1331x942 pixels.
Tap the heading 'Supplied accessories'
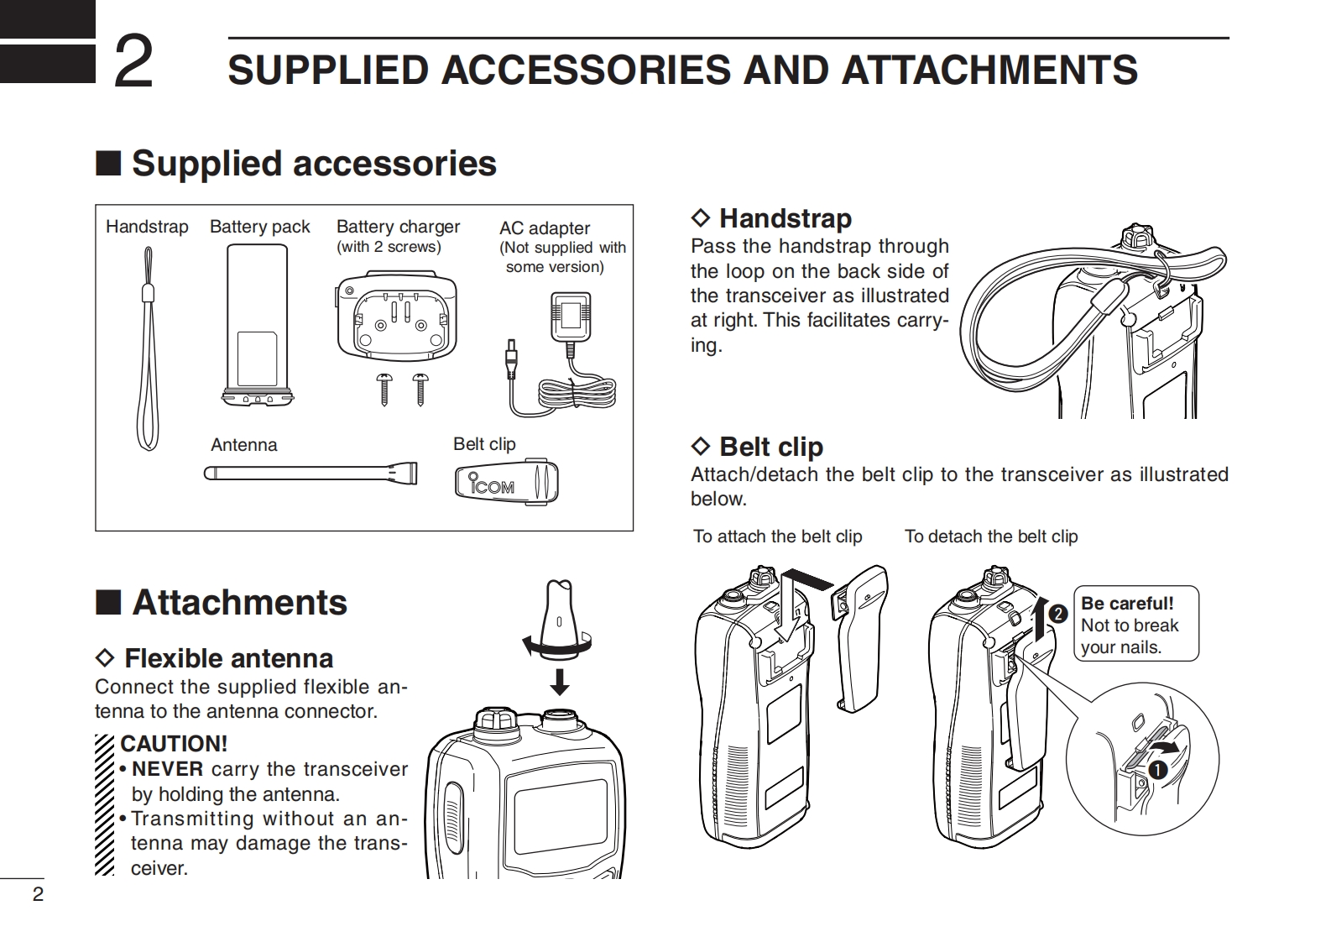313,163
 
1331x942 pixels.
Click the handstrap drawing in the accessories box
148,353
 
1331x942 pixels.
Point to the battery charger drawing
397,316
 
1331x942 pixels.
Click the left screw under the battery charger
384,389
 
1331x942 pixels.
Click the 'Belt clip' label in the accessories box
484,444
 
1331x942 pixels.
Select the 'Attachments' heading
239,603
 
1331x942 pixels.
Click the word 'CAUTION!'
174,744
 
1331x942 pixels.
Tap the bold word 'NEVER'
168,769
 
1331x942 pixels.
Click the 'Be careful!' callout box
1136,624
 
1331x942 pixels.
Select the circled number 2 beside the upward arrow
1058,614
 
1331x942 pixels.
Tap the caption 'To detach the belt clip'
991,536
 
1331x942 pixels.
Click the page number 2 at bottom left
38,894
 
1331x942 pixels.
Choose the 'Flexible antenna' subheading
228,658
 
